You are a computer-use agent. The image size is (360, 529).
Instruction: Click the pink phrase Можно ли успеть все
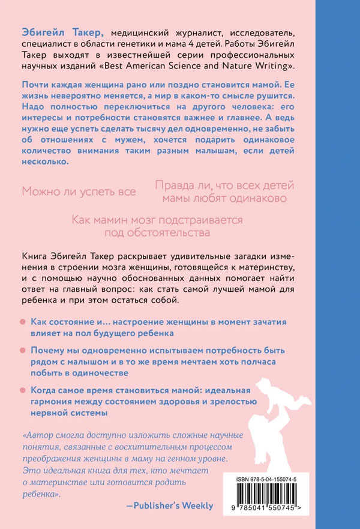pos(79,192)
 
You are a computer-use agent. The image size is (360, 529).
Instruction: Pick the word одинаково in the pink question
pos(250,198)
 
